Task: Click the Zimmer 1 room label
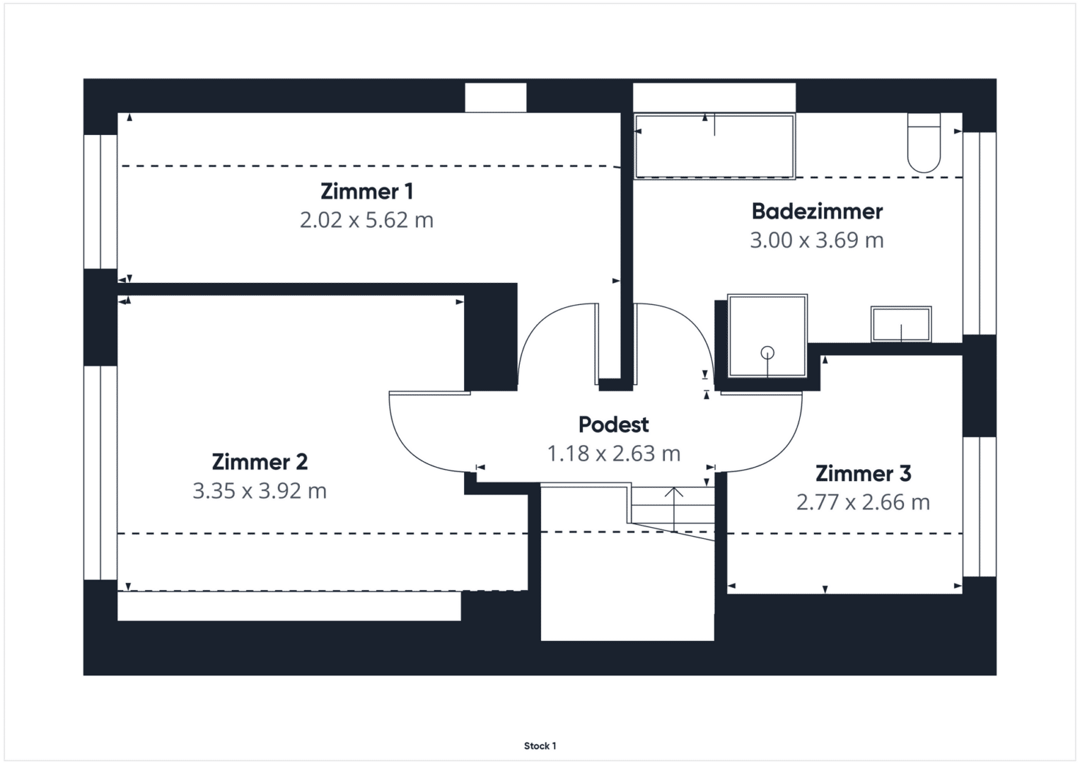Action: [x=367, y=192]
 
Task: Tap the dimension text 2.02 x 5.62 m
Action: [x=367, y=220]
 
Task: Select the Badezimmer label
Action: [x=817, y=212]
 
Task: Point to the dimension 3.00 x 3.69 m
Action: [x=817, y=241]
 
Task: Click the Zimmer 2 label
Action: [x=260, y=462]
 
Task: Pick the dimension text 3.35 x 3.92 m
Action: [x=260, y=491]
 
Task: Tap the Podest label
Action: [x=614, y=424]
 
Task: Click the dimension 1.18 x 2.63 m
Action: [x=614, y=453]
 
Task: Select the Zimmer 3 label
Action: [x=864, y=474]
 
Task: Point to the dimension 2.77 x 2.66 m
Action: [x=863, y=502]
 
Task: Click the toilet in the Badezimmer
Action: [x=924, y=143]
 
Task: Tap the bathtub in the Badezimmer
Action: [x=714, y=146]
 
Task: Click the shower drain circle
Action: [x=767, y=353]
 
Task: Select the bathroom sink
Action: [x=901, y=325]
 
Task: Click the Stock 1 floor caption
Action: [x=540, y=746]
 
